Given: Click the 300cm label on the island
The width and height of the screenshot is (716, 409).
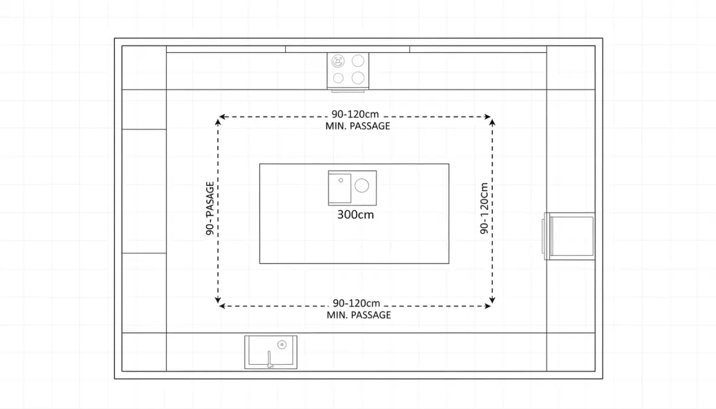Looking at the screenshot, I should click(x=355, y=214).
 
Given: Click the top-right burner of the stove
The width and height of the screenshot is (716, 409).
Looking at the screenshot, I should click(x=358, y=61).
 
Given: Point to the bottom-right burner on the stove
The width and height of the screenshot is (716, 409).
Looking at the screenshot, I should click(x=358, y=78).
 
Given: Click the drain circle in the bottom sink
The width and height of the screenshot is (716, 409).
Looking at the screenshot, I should click(x=282, y=344).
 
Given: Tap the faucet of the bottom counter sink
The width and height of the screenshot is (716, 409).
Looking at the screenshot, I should click(x=269, y=360).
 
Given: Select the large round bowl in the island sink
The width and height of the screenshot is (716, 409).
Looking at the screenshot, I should click(x=362, y=186).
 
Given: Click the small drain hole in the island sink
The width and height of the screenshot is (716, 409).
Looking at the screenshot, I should click(x=341, y=180).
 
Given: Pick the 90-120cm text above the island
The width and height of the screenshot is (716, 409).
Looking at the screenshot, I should click(x=355, y=115).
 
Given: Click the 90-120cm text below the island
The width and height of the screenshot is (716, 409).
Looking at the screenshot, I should click(x=356, y=303).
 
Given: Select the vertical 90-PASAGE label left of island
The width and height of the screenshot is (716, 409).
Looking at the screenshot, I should click(x=210, y=208).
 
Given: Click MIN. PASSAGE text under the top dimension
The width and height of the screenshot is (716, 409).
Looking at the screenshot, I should click(x=358, y=126).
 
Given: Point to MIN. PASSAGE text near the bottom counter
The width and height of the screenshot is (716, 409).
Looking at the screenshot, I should click(x=359, y=315).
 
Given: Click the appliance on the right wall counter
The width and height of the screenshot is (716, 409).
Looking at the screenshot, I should click(x=570, y=236).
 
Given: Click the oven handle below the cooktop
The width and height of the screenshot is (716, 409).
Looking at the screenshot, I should click(x=348, y=91).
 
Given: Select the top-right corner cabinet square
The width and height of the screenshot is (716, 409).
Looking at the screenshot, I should click(x=570, y=67).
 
